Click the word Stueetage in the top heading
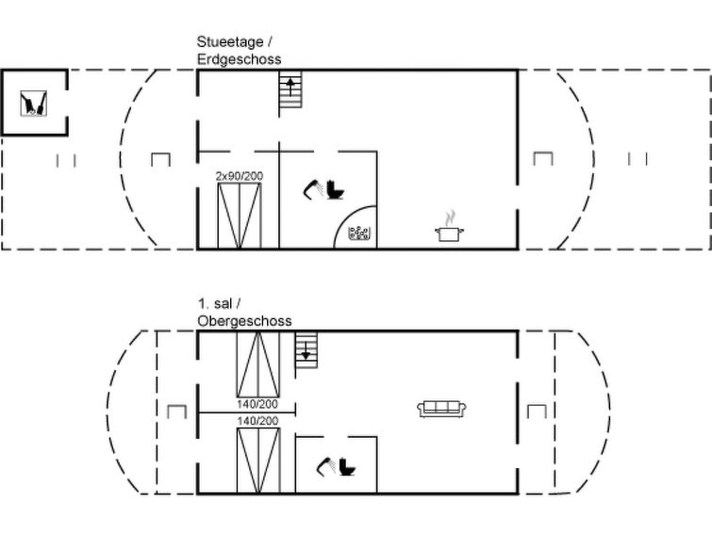click(230, 41)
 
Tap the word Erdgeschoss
click(240, 59)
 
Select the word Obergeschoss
click(244, 321)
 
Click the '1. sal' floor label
click(215, 303)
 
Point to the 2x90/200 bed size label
click(240, 176)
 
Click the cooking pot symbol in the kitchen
click(449, 227)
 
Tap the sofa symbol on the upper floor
click(442, 409)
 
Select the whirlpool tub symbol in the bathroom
click(359, 234)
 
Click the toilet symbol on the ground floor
click(336, 189)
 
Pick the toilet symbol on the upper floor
click(348, 467)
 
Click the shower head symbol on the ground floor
click(313, 189)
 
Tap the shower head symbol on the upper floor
click(326, 467)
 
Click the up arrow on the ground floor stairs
click(290, 86)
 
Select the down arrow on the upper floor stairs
click(306, 349)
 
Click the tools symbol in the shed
click(34, 104)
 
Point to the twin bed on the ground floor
click(240, 216)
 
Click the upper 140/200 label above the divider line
click(257, 404)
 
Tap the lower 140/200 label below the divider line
click(257, 421)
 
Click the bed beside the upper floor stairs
click(257, 364)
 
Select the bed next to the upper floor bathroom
click(258, 460)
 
